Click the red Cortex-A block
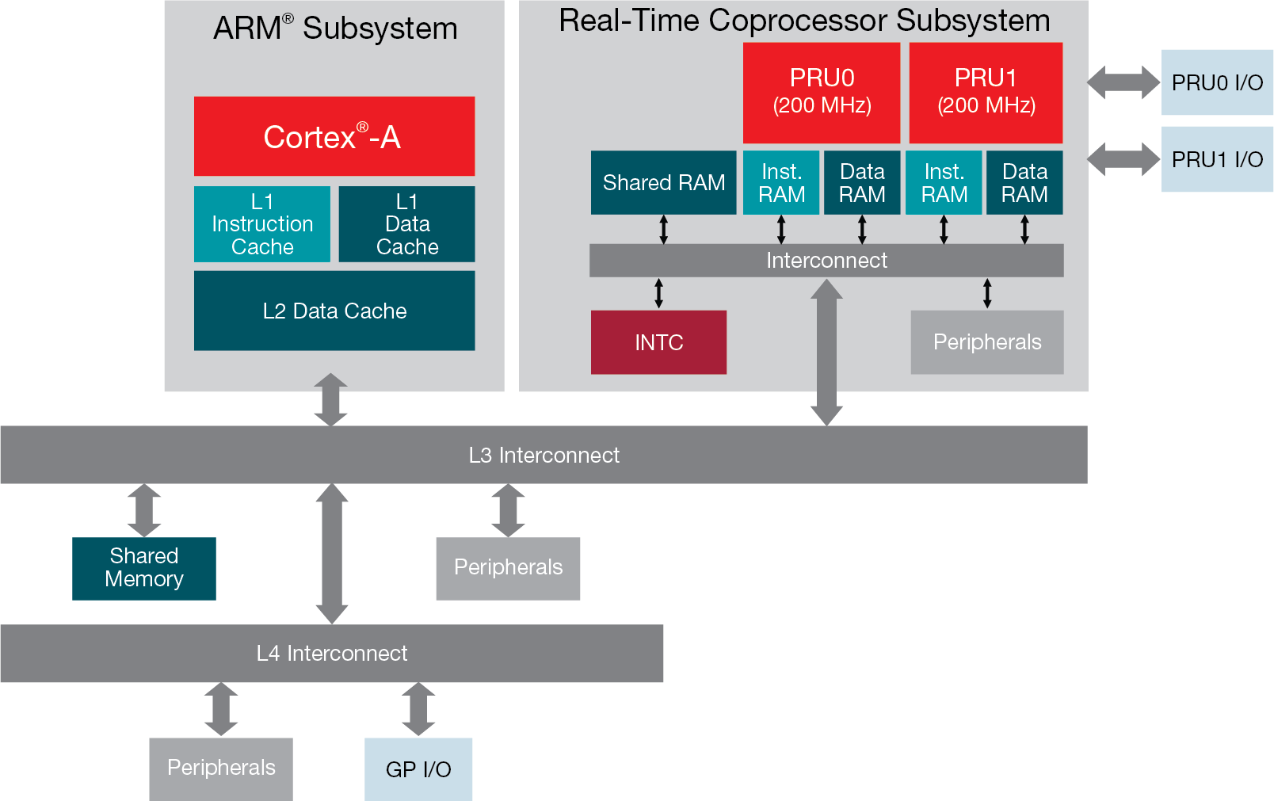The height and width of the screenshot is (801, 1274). tap(334, 136)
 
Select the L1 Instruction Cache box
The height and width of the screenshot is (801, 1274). tap(261, 224)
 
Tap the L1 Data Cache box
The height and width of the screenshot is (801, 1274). tap(406, 224)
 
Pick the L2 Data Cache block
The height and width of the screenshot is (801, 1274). tap(334, 311)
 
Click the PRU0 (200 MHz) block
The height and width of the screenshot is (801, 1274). tap(821, 92)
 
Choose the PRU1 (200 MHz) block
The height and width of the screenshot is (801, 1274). tap(986, 92)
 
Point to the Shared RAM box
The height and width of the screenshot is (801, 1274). tap(663, 182)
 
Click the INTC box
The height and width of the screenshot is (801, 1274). tap(658, 342)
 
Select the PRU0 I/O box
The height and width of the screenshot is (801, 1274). tap(1216, 82)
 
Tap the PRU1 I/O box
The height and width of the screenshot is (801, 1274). tap(1216, 159)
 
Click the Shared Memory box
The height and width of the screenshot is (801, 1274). tap(143, 568)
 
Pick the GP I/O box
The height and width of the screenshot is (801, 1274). tap(418, 769)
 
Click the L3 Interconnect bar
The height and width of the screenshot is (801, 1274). tap(544, 455)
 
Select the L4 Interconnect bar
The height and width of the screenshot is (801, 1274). tap(331, 653)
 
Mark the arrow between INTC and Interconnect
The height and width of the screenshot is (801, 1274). tap(658, 293)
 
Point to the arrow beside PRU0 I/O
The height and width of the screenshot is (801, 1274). tap(1123, 82)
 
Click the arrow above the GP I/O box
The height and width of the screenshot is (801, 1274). tap(418, 709)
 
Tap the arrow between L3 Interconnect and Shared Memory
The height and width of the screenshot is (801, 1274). tap(143, 510)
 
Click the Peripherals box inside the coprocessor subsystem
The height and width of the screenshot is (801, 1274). tap(986, 342)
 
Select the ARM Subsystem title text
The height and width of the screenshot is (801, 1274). tap(335, 29)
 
